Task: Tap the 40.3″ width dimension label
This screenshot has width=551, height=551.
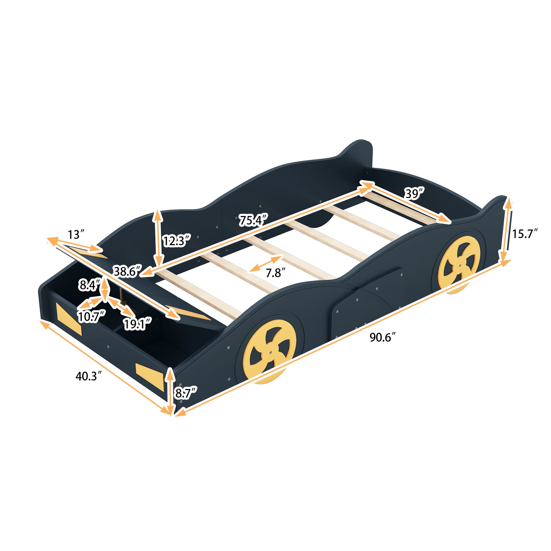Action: (88, 376)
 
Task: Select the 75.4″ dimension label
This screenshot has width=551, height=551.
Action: (253, 220)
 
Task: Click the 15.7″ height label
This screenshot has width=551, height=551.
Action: (525, 234)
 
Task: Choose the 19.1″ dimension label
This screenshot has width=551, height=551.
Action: (137, 324)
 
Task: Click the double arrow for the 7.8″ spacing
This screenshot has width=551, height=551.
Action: (265, 263)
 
